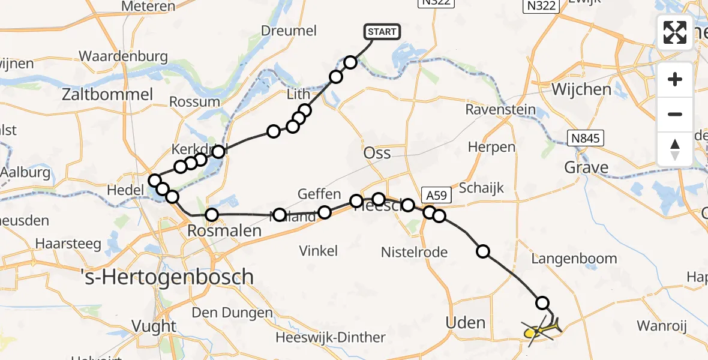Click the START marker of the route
pos(381,32)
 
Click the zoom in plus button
pos(675,79)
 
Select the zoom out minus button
pos(675,114)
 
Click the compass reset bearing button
pos(675,149)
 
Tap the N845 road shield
pos(586,139)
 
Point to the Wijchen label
pos(581,90)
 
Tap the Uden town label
pos(466,323)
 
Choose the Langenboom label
pos(574,259)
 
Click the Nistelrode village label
pos(414,252)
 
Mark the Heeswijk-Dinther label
pos(331,337)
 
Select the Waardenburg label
pos(123,56)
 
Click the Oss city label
pos(377,153)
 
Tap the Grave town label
pos(586,167)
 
